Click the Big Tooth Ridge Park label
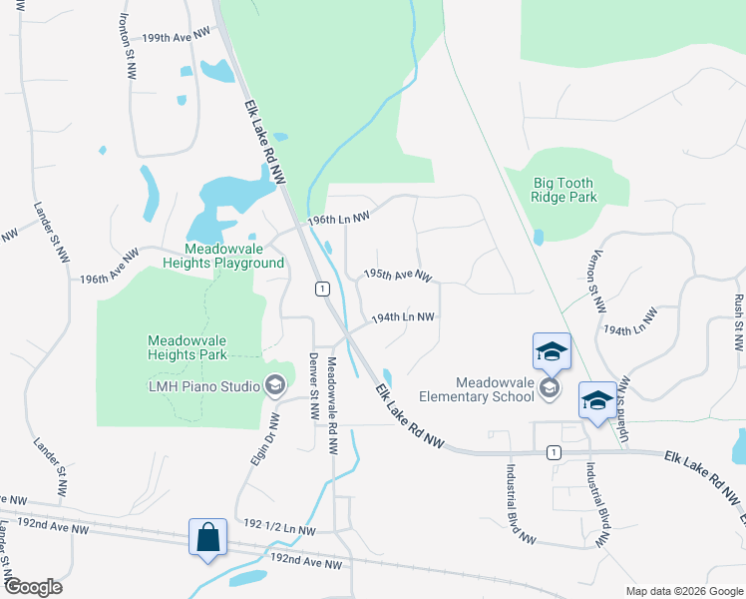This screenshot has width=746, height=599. [x=564, y=190]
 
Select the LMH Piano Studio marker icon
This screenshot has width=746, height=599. [x=275, y=385]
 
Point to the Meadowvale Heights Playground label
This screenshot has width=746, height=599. [x=234, y=256]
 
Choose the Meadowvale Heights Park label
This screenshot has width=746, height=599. [x=187, y=347]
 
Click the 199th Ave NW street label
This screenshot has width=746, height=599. [x=177, y=35]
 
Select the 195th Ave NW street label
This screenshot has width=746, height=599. [x=397, y=274]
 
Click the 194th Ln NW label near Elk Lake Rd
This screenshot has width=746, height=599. [x=402, y=317]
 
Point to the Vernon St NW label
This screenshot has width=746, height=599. [x=598, y=282]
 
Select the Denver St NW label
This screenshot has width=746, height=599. [x=312, y=386]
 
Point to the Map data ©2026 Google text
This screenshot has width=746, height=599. [x=683, y=591]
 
